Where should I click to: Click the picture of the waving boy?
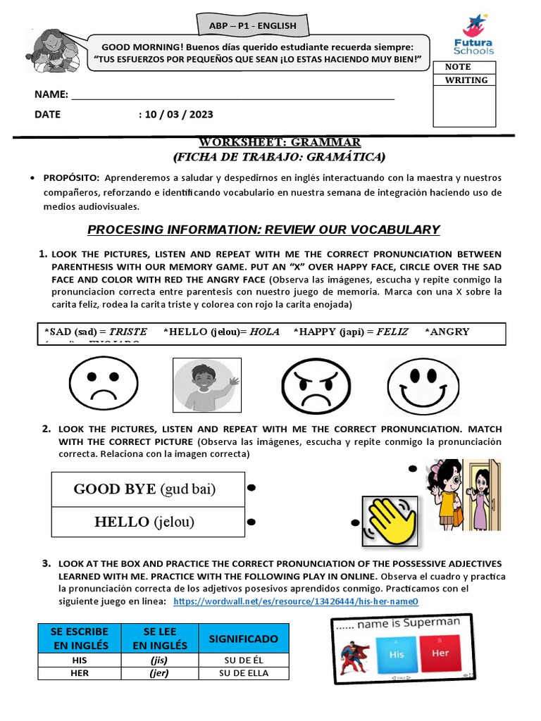point(207,384)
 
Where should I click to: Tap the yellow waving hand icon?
point(389,522)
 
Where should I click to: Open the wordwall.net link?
point(295,601)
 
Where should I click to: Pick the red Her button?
point(440,653)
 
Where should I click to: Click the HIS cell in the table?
point(79,660)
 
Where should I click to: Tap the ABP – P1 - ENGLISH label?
point(253,26)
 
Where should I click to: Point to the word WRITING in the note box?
point(466,80)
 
